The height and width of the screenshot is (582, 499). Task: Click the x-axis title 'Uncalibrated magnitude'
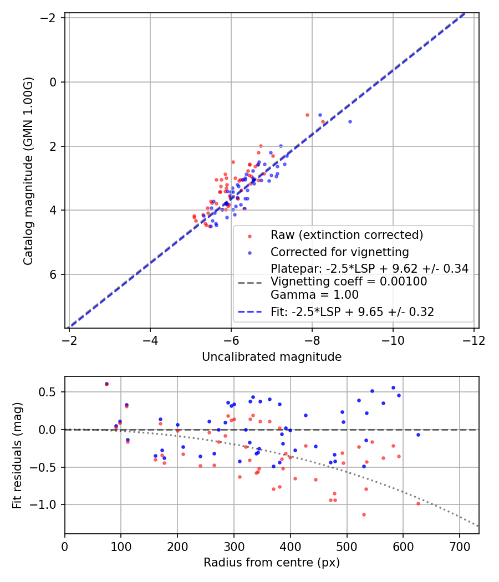pos(272,357)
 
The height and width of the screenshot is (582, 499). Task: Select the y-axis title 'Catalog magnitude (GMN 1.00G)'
pos(28,171)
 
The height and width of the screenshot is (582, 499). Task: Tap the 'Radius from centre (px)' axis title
pos(272,563)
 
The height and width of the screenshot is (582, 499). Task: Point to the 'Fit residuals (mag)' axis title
pos(17,456)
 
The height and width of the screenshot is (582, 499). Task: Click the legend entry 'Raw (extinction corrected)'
pos(347,235)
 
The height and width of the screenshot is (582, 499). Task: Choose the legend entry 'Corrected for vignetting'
pos(340,252)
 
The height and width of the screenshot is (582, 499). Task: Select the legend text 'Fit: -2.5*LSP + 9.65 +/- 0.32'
pos(352,312)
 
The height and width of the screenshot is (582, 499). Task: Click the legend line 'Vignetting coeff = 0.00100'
pos(349,282)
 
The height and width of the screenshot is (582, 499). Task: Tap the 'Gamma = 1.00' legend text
pos(314,295)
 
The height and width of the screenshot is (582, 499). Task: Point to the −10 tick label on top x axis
pos(393,340)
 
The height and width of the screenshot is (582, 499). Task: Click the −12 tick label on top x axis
pos(473,340)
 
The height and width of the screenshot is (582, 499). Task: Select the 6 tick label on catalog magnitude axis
pos(53,274)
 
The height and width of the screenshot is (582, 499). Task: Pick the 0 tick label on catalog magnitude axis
pos(53,82)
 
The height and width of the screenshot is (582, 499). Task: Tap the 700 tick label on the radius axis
pos(460,547)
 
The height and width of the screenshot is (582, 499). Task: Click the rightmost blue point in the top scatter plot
pos(350,122)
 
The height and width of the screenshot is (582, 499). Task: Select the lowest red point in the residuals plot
pos(364,514)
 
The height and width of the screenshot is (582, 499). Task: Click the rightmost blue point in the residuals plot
pos(418,435)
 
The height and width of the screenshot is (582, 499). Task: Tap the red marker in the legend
pos(249,236)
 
